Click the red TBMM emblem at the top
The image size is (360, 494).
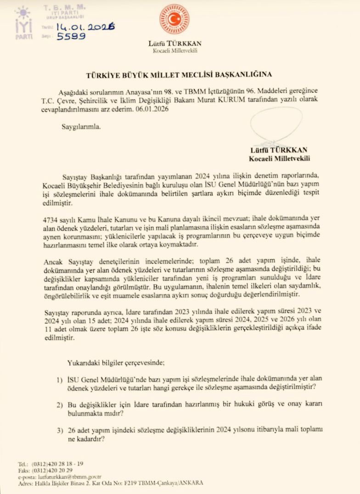point(174,19)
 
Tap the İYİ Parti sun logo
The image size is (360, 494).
point(23,14)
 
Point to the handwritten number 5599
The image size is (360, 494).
point(71,37)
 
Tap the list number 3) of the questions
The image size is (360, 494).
point(59,430)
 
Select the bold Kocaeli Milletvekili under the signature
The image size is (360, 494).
point(279,158)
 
